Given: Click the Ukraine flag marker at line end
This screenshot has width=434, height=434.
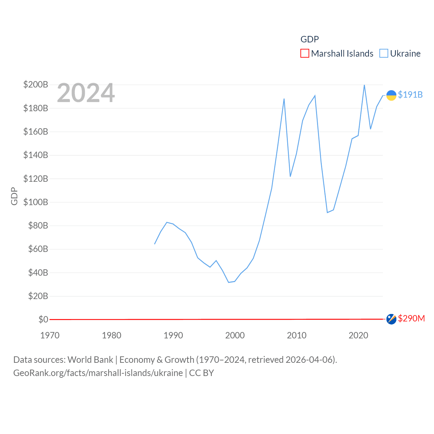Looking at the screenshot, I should (391, 95).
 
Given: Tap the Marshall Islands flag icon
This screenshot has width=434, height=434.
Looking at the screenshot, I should (391, 319).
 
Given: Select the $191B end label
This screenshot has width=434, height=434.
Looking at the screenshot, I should (410, 95).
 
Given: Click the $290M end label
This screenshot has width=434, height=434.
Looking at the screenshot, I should (411, 318).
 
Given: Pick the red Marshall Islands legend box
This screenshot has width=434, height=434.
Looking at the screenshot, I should (304, 54).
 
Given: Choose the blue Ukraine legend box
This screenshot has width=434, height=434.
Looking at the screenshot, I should (383, 54).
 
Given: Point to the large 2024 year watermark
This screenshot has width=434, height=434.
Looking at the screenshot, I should (86, 93).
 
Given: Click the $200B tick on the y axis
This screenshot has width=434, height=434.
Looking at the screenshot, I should (36, 84).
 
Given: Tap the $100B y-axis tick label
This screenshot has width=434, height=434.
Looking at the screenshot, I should (36, 202).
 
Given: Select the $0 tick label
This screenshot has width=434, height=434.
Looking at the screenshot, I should (43, 319).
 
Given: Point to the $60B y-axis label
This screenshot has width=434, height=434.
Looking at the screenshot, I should (38, 249).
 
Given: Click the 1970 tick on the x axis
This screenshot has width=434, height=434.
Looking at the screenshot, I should (50, 335).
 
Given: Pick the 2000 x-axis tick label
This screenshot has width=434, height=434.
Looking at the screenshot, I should (235, 335).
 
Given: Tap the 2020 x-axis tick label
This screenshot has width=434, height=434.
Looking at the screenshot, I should (358, 335).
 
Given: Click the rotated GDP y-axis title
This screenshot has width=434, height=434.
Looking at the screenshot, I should (14, 196).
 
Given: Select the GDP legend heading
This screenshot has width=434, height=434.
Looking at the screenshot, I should (310, 39).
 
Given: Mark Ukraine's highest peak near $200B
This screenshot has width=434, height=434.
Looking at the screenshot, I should (364, 85).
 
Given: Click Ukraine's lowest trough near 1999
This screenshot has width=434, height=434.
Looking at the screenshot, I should (229, 282).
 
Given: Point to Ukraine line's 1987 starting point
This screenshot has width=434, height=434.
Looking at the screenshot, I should (155, 244).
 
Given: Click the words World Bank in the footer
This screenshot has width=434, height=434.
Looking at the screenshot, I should (90, 359).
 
